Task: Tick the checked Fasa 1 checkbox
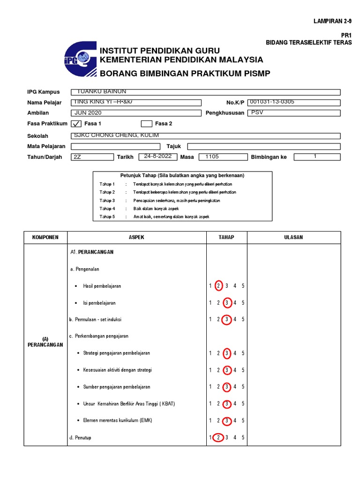pos(75,124)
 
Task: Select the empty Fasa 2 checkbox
pos(146,124)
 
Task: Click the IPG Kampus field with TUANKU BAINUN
pos(205,92)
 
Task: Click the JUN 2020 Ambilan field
pos(136,113)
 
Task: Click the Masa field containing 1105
pos(223,157)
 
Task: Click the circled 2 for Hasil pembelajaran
pos(218,286)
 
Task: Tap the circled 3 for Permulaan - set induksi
pos(227,320)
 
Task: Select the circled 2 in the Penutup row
pos(218,438)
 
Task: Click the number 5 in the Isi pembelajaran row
pos(243,303)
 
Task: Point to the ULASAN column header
pos(293,237)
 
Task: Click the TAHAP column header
pos(226,237)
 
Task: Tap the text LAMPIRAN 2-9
pos(332,22)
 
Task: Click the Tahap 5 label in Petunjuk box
pos(107,217)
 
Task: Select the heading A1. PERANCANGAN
pos(92,252)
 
